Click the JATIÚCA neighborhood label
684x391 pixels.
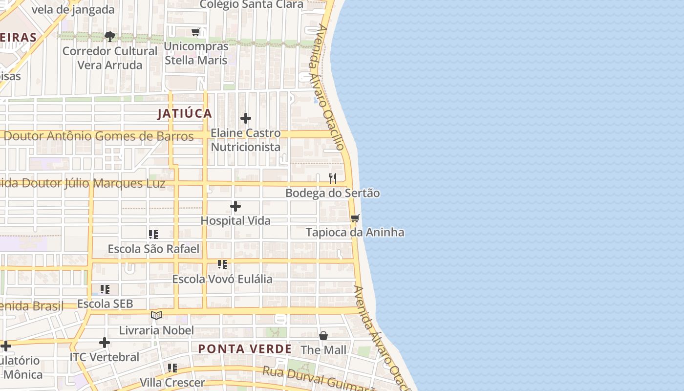[185, 113]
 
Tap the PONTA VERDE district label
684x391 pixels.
[245, 349]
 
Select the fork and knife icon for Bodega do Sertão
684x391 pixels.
[333, 178]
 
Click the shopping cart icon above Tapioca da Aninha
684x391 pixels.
[355, 218]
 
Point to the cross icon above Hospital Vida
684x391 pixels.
[235, 206]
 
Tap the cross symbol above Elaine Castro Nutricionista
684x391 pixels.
[246, 118]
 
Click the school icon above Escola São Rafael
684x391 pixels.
[153, 235]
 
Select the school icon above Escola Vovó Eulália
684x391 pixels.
[222, 264]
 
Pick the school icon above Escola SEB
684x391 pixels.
[105, 289]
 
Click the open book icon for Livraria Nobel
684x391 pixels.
[156, 316]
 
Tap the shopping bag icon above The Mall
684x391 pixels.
[323, 336]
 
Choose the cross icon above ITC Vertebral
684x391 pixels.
[105, 343]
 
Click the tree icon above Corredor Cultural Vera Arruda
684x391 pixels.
[110, 36]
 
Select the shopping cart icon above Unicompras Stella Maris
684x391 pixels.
[196, 32]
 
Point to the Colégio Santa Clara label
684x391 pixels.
[252, 5]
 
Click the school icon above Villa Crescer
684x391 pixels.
[172, 368]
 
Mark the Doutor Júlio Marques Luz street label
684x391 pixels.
[83, 183]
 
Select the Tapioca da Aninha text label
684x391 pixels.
[355, 232]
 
